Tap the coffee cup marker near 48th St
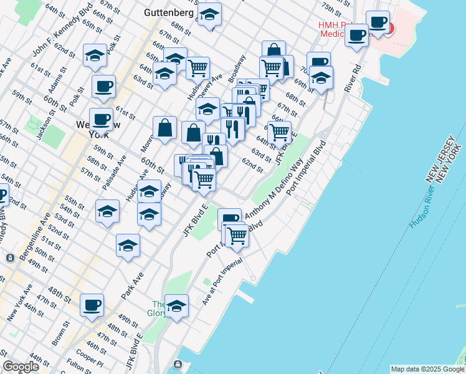[92, 305]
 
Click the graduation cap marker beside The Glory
[176, 305]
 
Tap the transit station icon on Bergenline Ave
[10, 257]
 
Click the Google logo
[21, 367]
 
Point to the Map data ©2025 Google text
[427, 369]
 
